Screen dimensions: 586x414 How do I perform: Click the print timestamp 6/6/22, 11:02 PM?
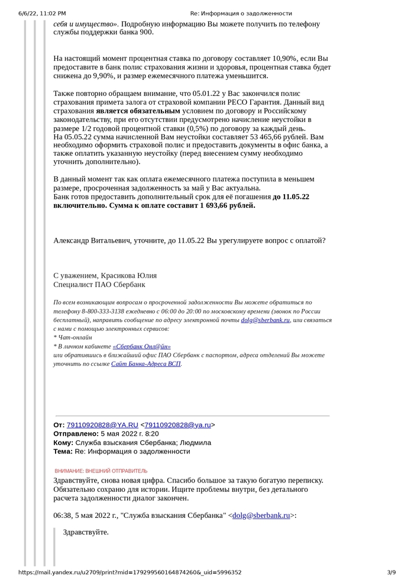point(42,13)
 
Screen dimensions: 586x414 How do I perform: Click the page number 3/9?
point(391,572)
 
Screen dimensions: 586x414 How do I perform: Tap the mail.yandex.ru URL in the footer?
point(130,572)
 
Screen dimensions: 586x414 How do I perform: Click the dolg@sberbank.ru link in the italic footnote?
point(265,320)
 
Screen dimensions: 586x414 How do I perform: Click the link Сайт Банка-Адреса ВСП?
point(145,364)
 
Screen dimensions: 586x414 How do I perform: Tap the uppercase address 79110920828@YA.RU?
point(102,425)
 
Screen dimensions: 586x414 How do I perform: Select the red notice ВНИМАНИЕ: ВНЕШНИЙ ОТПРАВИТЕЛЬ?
point(101,471)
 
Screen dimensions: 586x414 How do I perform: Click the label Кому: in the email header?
point(63,443)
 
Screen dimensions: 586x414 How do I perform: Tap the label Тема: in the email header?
point(63,452)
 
